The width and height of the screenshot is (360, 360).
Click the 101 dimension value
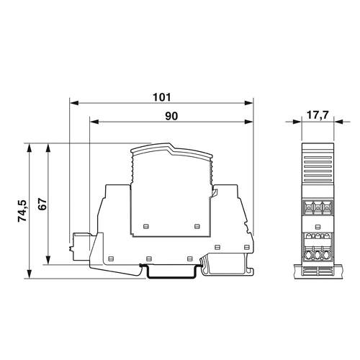[162, 97]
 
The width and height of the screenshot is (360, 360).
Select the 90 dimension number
[171, 116]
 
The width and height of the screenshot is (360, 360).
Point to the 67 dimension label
[42, 204]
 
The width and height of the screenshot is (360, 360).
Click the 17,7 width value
[318, 115]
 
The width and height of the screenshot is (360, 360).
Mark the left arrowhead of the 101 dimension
[74, 103]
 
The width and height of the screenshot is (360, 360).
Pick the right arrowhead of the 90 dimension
[248, 122]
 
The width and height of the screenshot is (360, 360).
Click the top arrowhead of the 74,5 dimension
[30, 148]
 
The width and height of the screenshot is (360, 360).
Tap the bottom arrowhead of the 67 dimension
[48, 260]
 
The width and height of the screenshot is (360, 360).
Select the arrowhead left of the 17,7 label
[297, 122]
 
